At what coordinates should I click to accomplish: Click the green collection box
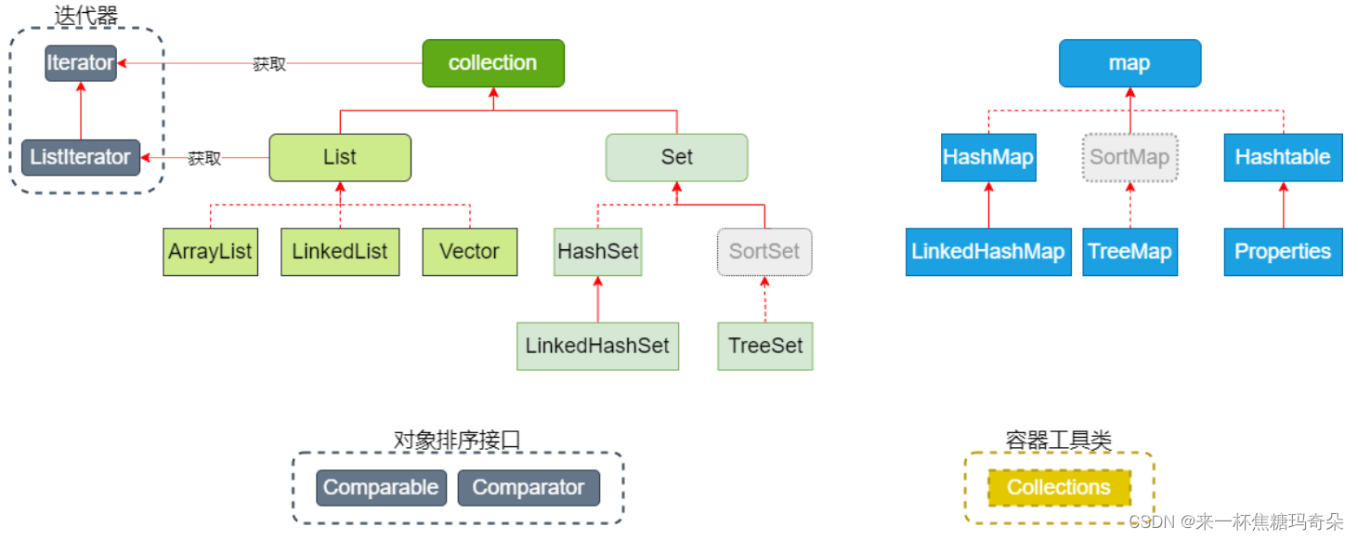492,63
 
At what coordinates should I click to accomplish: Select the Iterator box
81,63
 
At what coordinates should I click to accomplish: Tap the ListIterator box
81,157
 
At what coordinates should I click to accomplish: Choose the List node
340,157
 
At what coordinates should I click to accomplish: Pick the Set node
676,157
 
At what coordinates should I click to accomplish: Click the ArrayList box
210,252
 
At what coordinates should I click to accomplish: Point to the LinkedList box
340,252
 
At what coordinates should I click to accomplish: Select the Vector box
469,252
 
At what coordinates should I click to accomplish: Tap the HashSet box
598,252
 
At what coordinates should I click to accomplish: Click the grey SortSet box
764,252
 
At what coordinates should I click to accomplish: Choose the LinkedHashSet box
598,346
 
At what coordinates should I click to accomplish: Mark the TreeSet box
764,346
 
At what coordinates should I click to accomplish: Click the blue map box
1129,63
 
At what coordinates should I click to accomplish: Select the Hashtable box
1283,157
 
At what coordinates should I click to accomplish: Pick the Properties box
1283,252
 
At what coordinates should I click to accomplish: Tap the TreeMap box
1129,252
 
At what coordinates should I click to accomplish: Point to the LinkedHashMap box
988,252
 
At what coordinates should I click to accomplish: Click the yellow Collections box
1059,488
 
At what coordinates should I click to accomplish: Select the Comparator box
529,488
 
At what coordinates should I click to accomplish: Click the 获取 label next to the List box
204,158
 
